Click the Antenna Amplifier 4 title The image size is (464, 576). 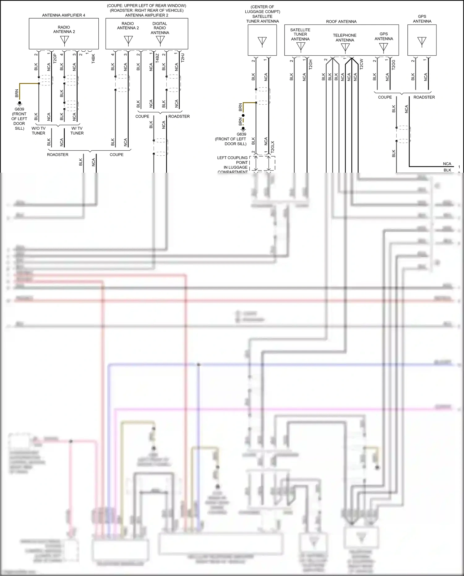(x=63, y=15)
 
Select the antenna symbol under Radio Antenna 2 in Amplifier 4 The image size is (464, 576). (x=64, y=41)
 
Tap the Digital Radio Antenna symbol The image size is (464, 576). (x=160, y=40)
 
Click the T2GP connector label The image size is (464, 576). (x=55, y=58)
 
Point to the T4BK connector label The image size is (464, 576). (x=93, y=58)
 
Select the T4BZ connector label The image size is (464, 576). (x=157, y=58)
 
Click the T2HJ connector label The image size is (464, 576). (x=183, y=58)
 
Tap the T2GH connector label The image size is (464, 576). (x=311, y=64)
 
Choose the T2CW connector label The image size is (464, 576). (x=362, y=64)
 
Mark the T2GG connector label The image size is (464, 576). (x=393, y=65)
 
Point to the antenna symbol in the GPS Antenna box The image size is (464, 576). (x=422, y=41)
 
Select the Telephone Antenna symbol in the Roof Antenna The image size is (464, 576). (x=345, y=48)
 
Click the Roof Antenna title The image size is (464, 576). (x=341, y=22)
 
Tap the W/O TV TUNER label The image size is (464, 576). (x=38, y=131)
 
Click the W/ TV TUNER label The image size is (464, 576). (x=77, y=131)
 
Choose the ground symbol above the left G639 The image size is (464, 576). (x=19, y=103)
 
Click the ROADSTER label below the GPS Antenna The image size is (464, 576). (x=424, y=97)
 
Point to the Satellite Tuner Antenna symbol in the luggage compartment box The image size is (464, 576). (x=262, y=41)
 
